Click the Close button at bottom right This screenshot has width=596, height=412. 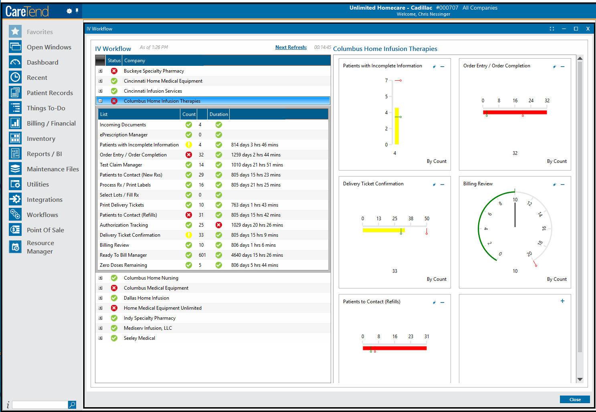(x=574, y=400)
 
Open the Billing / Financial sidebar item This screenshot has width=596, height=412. (x=51, y=124)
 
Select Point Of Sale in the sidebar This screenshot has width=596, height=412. (x=45, y=230)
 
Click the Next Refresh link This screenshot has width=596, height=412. (x=291, y=47)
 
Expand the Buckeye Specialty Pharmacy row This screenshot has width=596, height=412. (x=101, y=71)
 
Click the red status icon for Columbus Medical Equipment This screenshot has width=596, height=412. (x=114, y=288)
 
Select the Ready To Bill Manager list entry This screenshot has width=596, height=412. (x=123, y=255)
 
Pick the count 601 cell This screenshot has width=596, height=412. (x=202, y=255)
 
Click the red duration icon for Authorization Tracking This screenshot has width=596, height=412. (x=219, y=225)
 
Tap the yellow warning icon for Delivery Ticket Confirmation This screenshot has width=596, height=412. (x=189, y=235)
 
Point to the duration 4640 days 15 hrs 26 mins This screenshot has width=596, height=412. (x=257, y=255)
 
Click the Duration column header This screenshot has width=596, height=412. (x=218, y=114)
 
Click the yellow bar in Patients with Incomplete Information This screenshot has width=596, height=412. (x=396, y=126)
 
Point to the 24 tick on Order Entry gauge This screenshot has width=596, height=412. (x=531, y=101)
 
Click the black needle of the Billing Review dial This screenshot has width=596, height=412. (x=515, y=215)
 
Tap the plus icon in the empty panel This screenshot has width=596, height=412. (x=562, y=301)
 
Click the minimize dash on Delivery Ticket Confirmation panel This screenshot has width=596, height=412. (x=442, y=185)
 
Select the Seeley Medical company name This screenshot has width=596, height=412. (x=139, y=338)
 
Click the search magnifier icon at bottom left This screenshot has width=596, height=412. (x=72, y=405)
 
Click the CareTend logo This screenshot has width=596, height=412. (x=27, y=12)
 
